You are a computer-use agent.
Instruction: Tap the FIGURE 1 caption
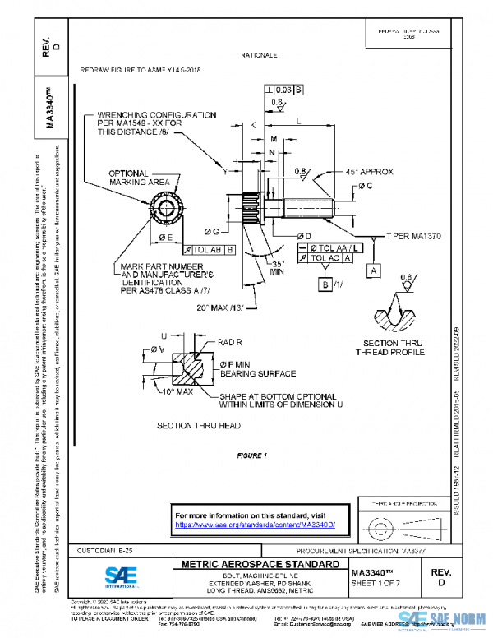point(252,455)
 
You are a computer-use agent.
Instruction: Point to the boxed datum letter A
point(373,270)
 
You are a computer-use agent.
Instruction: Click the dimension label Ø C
point(364,187)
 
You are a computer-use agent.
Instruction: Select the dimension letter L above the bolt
point(297,121)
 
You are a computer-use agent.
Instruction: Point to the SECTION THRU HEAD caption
point(198,425)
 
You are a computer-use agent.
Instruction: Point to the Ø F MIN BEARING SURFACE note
point(257,368)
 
